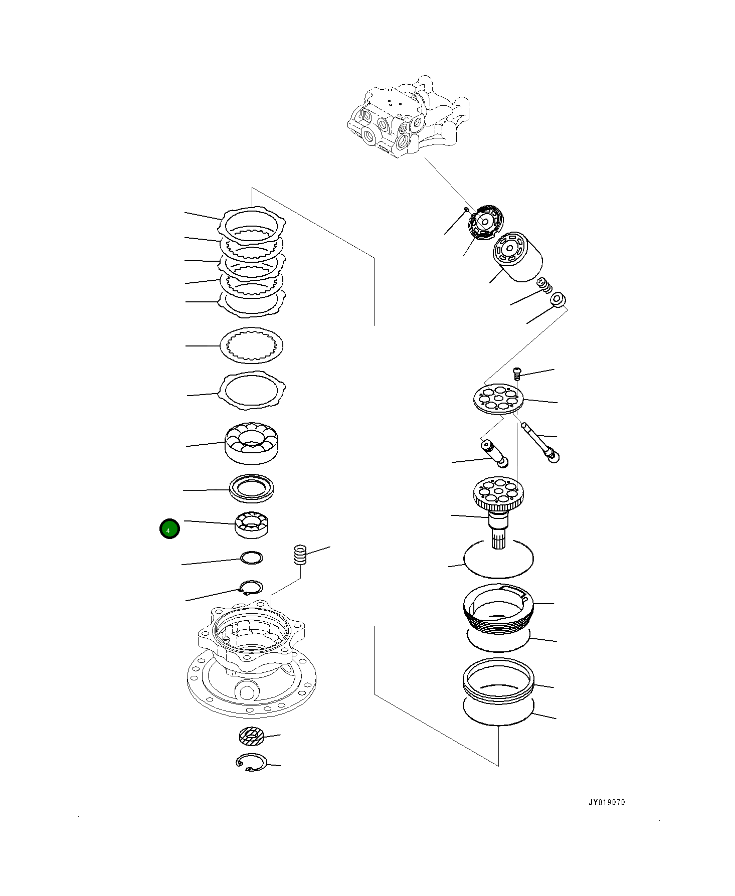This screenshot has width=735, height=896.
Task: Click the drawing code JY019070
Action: point(607,802)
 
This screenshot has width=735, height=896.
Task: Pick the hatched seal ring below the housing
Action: point(251,736)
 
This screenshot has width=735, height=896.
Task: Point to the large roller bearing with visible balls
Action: point(252,442)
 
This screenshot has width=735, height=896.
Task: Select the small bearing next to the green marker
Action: point(253,524)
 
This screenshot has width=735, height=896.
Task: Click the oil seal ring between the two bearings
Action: point(252,488)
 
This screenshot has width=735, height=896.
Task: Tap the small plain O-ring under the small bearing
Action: point(252,558)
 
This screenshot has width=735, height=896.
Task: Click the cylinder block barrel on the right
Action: point(518,257)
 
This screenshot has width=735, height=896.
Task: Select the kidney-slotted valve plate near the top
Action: point(485,222)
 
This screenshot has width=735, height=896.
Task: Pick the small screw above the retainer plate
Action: point(517,373)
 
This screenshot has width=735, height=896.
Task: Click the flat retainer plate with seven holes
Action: point(499,399)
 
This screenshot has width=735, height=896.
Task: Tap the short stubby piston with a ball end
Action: point(494,453)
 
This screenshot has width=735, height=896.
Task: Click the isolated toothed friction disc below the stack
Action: point(252,345)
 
